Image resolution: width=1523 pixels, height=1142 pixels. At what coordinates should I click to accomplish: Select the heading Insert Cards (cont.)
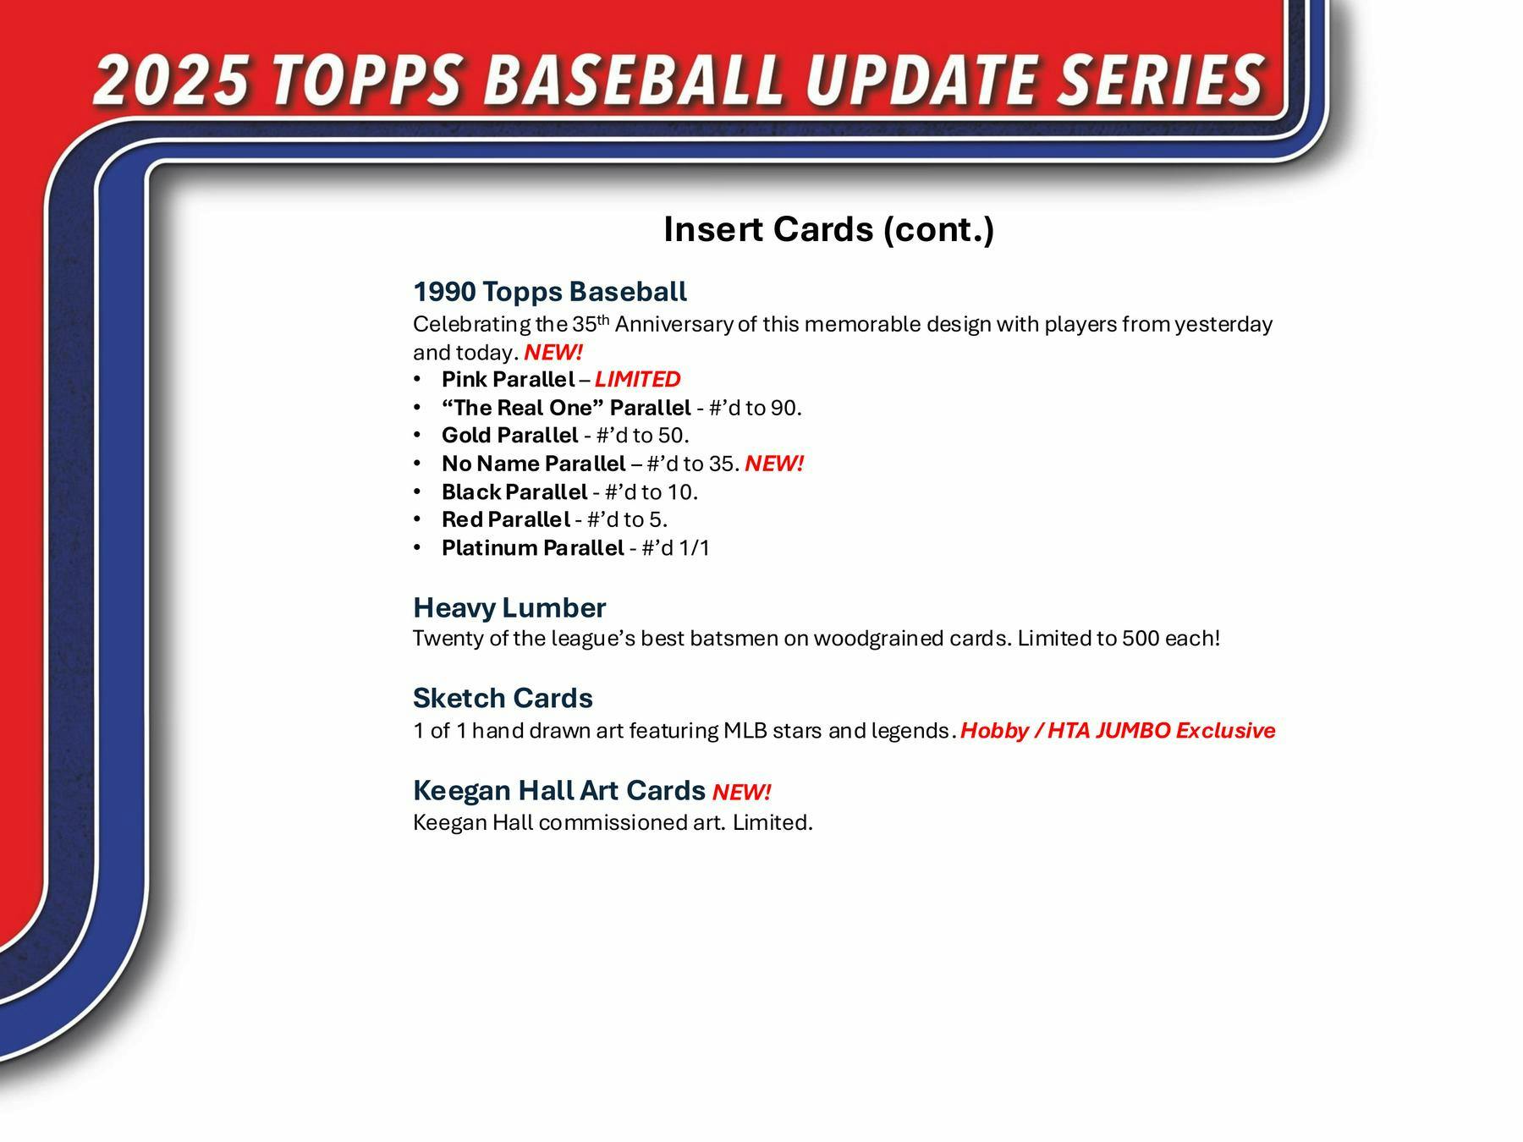click(x=828, y=229)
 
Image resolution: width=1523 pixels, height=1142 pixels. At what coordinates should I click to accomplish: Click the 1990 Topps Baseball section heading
click(x=550, y=292)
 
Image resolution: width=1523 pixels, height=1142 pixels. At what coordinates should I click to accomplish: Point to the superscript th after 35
click(x=603, y=319)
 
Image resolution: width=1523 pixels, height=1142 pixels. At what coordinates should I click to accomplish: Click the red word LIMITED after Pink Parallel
click(x=637, y=380)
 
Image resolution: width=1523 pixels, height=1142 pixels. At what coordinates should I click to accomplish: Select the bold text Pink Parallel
click(x=508, y=380)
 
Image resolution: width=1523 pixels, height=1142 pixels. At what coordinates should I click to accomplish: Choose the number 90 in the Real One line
click(x=783, y=409)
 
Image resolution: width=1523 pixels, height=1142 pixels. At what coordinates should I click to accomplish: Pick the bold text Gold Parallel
click(x=509, y=436)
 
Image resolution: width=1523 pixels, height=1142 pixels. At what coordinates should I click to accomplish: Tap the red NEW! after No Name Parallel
click(x=774, y=464)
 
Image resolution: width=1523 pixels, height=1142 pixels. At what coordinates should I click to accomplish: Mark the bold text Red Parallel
click(x=505, y=519)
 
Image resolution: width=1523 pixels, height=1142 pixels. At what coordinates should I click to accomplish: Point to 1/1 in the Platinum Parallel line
click(x=694, y=548)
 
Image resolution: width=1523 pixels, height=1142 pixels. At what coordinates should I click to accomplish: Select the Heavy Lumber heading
click(x=509, y=608)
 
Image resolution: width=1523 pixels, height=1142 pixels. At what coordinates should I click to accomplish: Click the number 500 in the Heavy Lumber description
click(x=1141, y=639)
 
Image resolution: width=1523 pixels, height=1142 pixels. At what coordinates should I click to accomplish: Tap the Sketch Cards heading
click(x=503, y=699)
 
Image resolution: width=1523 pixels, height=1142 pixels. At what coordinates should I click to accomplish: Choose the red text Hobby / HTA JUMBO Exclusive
click(x=1118, y=731)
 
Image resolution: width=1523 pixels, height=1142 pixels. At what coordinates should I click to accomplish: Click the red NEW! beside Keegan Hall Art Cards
click(x=741, y=793)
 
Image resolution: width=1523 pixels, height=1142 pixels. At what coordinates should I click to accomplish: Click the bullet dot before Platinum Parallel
click(x=417, y=548)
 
